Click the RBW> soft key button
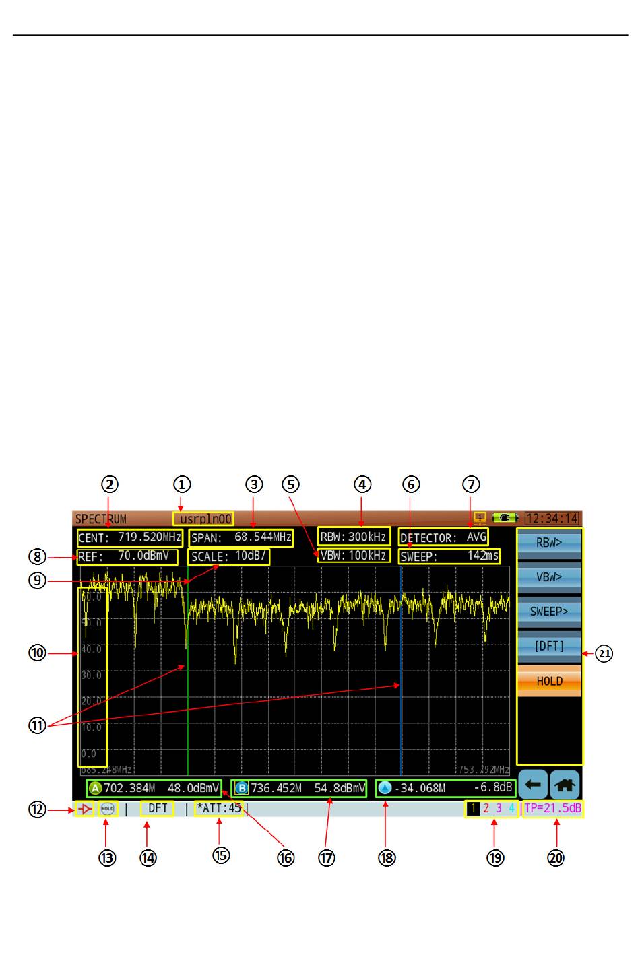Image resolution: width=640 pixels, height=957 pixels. [x=549, y=543]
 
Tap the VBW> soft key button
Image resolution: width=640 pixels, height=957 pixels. [x=549, y=577]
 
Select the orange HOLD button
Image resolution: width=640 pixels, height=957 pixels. [x=549, y=681]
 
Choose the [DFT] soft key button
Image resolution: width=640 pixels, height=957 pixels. [x=549, y=646]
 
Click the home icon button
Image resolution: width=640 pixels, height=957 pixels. [x=566, y=785]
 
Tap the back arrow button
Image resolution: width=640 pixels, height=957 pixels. [x=532, y=785]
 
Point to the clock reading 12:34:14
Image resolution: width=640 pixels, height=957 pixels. [x=552, y=519]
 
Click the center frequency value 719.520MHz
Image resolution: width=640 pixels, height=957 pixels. [x=149, y=537]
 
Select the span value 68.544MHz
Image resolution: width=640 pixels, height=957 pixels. [x=263, y=537]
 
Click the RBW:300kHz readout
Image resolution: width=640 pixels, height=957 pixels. [x=354, y=537]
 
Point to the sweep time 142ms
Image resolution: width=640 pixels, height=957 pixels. [x=483, y=556]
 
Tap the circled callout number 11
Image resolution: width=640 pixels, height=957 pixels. [x=37, y=726]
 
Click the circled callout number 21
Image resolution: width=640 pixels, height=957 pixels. [x=604, y=653]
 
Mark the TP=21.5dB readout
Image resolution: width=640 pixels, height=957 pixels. [x=553, y=808]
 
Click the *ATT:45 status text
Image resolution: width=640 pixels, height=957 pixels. [x=218, y=808]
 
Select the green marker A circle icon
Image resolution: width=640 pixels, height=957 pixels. [x=95, y=788]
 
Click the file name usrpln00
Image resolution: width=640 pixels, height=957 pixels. [x=205, y=519]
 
